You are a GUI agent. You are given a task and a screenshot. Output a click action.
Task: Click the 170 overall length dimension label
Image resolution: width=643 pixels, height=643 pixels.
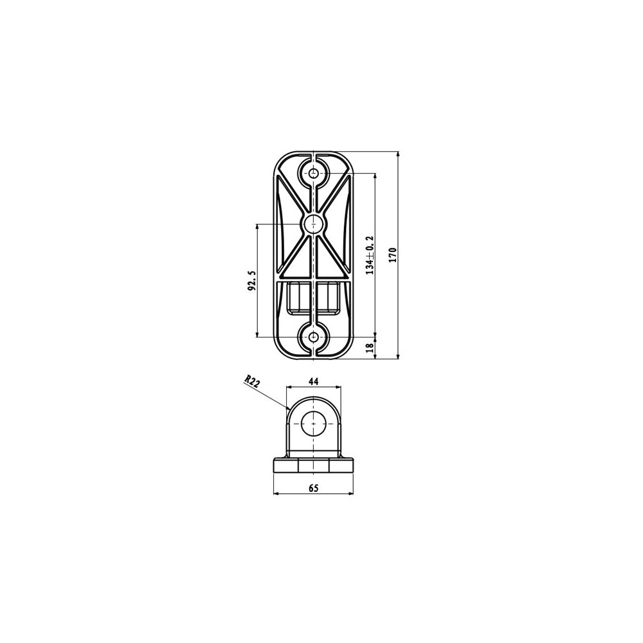(393, 255)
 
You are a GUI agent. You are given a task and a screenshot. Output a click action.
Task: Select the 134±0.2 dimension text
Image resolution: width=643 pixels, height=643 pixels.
(370, 255)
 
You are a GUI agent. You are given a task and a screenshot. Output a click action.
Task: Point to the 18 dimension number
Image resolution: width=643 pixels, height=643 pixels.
(370, 347)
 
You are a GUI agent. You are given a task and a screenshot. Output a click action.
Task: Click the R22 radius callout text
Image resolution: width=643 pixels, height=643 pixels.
(252, 381)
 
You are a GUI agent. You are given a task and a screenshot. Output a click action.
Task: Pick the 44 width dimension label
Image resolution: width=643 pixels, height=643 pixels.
(313, 381)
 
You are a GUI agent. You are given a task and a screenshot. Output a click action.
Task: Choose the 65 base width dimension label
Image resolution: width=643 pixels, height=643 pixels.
(313, 487)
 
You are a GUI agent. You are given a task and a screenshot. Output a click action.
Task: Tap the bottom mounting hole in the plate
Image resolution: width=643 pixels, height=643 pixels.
(314, 337)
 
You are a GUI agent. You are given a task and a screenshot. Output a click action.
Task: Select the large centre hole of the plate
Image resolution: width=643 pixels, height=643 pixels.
(314, 224)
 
